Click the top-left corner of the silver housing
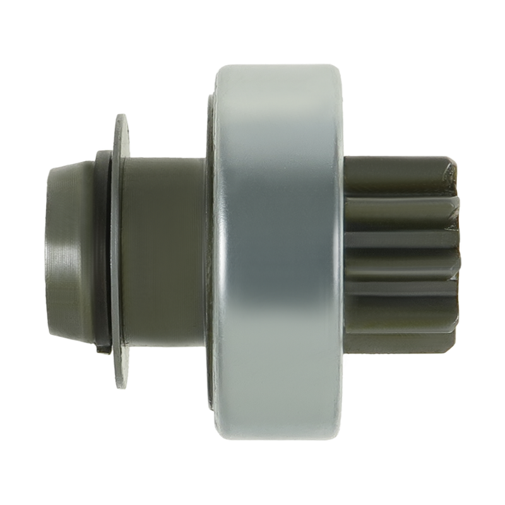tap(218, 69)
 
